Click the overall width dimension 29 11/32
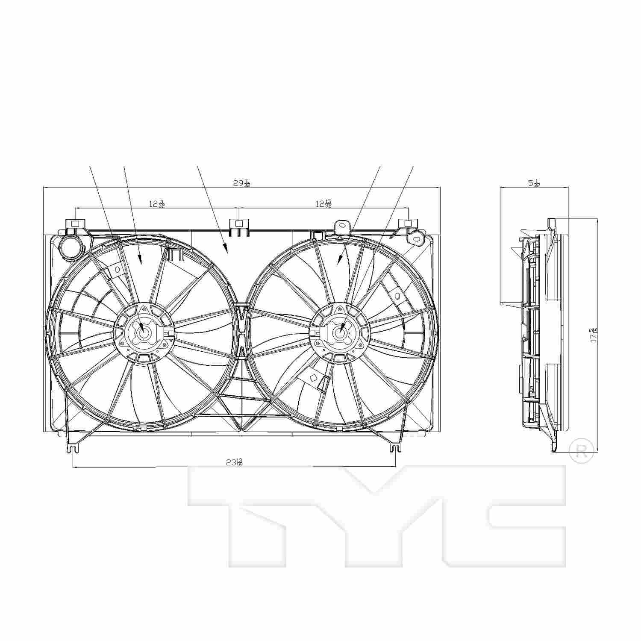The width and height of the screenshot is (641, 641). tap(241, 183)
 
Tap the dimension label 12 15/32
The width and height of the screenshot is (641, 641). tap(323, 204)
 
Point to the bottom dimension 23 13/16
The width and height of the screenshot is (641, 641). tap(235, 462)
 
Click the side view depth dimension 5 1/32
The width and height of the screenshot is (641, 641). tap(534, 183)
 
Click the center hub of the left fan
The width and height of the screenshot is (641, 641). tap(144, 333)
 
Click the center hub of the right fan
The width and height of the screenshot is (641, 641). tap(340, 333)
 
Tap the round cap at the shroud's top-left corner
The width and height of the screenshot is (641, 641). tap(70, 247)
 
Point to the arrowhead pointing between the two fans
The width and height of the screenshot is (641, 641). tap(226, 250)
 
